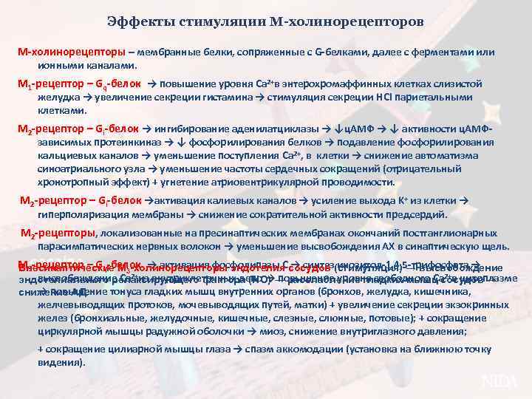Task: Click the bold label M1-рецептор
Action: pos(48,85)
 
